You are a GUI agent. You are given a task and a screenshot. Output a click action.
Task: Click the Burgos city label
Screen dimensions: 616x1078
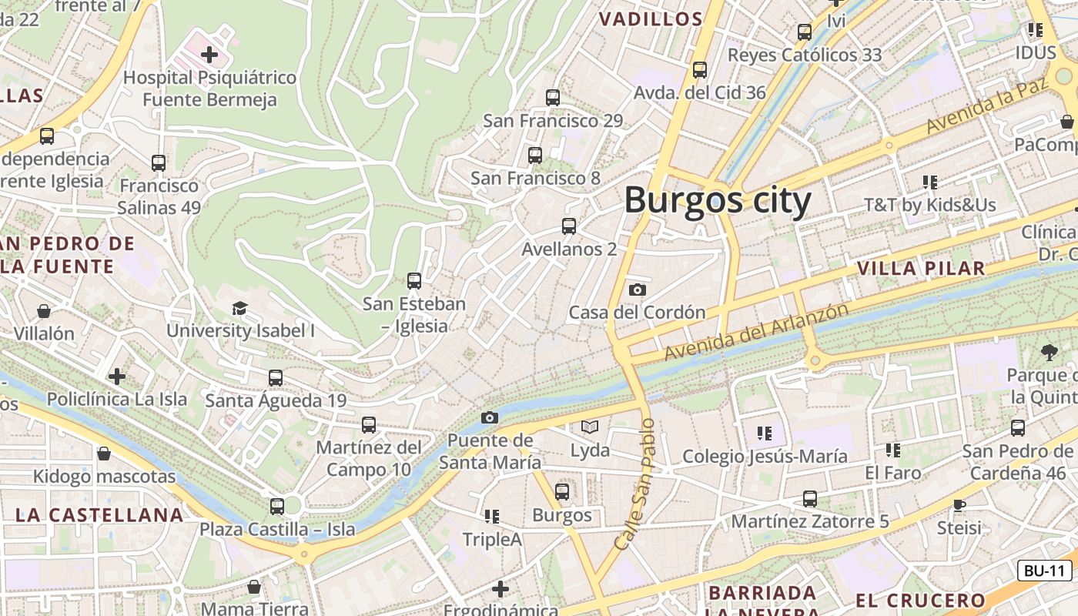click(x=717, y=201)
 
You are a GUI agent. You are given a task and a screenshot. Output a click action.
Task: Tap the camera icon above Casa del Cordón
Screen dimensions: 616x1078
click(x=637, y=290)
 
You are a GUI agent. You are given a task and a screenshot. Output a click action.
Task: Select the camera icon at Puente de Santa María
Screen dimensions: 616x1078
click(x=489, y=417)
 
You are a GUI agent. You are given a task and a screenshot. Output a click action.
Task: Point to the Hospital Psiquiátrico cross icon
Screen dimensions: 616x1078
click(x=209, y=55)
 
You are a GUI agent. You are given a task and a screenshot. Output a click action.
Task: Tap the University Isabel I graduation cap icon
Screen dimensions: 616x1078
click(x=239, y=308)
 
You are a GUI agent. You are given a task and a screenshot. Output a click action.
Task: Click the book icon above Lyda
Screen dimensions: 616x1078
click(x=590, y=427)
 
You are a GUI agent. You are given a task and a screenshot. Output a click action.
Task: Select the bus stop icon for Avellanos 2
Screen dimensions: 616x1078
click(x=569, y=226)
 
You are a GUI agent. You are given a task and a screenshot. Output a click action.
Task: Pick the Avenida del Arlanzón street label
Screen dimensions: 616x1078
click(x=756, y=332)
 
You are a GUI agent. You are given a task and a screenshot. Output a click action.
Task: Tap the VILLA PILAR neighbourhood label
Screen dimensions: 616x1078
click(x=921, y=269)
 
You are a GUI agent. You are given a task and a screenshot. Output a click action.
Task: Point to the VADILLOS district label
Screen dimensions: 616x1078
click(x=651, y=19)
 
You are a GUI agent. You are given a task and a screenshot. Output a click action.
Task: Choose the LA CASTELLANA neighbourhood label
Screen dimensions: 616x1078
click(x=99, y=515)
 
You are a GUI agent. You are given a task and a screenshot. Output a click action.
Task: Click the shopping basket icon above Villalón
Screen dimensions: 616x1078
click(x=44, y=311)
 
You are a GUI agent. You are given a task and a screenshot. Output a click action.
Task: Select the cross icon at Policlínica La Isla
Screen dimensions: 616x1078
click(x=117, y=377)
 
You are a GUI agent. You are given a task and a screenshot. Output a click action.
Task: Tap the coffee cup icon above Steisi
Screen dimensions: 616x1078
click(x=959, y=505)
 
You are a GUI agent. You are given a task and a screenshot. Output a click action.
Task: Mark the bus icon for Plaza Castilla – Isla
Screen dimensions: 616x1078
click(x=277, y=507)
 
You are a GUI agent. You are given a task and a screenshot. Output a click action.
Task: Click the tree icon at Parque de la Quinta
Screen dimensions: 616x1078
click(x=1049, y=353)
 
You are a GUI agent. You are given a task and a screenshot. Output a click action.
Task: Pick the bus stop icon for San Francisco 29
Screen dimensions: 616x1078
click(x=553, y=98)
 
